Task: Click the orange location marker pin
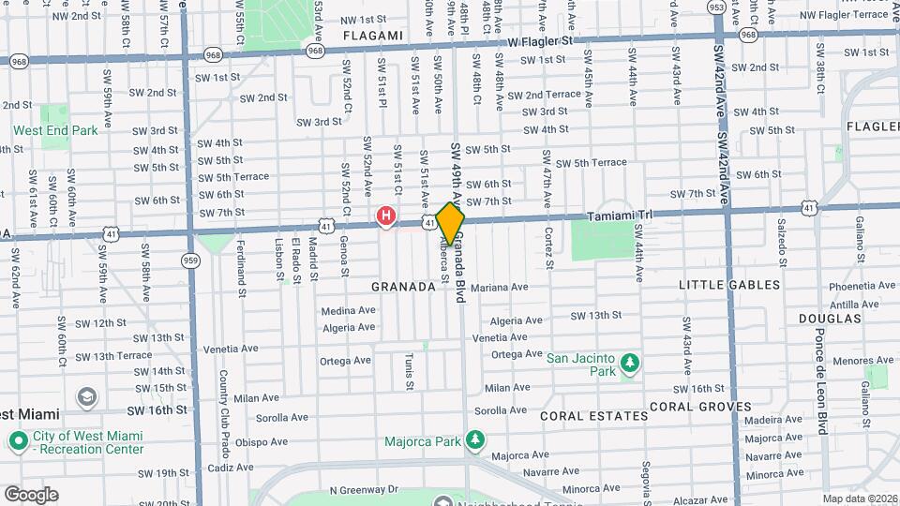[x=451, y=223]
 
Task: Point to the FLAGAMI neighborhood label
[x=373, y=36]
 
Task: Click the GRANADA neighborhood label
[x=404, y=287]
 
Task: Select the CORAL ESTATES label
[x=593, y=415]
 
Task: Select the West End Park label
[x=55, y=131]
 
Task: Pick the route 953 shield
[x=717, y=7]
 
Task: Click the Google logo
[x=31, y=494]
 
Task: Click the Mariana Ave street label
[x=500, y=288]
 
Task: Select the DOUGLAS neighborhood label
[x=830, y=319]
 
